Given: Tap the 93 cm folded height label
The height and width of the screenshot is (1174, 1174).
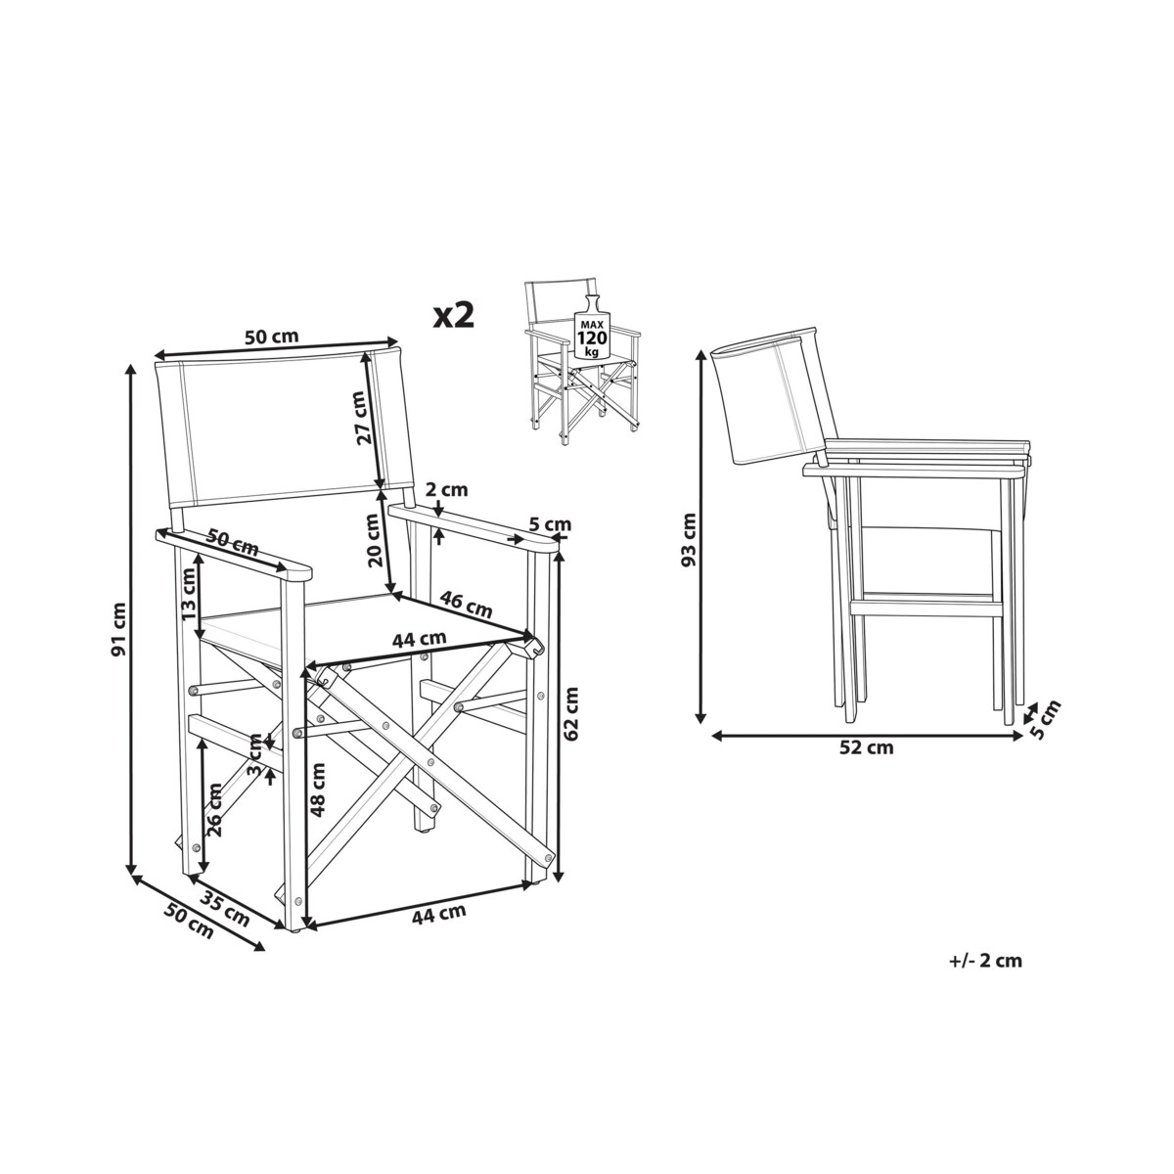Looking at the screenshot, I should click(690, 540).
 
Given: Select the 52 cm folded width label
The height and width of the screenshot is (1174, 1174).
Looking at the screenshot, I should click(867, 748).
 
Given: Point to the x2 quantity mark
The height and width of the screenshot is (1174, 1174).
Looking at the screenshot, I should click(454, 314).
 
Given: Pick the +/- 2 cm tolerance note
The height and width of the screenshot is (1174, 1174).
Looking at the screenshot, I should click(985, 960).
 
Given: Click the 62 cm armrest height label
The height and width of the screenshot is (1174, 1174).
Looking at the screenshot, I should click(573, 712).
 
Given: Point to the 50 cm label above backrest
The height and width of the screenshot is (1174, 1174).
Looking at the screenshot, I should click(271, 337).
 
